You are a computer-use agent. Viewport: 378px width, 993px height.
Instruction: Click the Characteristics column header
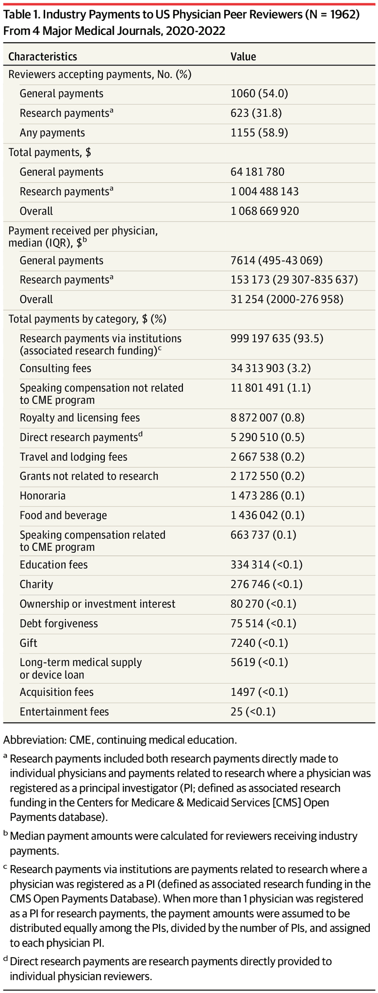(x=43, y=57)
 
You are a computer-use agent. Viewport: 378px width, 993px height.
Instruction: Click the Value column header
(x=243, y=57)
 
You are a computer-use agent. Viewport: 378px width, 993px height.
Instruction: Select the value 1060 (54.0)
(x=259, y=94)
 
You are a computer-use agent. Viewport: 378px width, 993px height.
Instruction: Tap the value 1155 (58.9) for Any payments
(x=259, y=133)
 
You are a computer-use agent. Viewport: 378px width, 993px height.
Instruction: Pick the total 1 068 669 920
(x=264, y=211)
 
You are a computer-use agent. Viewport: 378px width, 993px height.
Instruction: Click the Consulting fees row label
(x=55, y=368)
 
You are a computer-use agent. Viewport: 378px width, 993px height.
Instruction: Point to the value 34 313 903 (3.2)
(x=271, y=368)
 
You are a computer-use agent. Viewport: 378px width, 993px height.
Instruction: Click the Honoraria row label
(x=43, y=496)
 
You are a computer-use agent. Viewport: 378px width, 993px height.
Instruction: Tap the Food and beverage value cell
(x=267, y=515)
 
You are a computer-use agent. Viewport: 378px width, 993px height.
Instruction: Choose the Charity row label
(x=36, y=584)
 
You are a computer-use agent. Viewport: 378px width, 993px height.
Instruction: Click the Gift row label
(x=29, y=643)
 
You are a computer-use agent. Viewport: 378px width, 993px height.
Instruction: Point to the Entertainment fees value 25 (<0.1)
(x=253, y=712)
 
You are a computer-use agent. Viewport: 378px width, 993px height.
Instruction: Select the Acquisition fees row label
(x=56, y=692)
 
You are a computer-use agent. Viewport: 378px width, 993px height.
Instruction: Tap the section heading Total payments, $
(x=50, y=152)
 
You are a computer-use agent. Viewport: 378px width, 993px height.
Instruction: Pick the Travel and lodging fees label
(x=73, y=457)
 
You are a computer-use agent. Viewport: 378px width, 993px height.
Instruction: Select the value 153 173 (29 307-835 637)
(x=294, y=280)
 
